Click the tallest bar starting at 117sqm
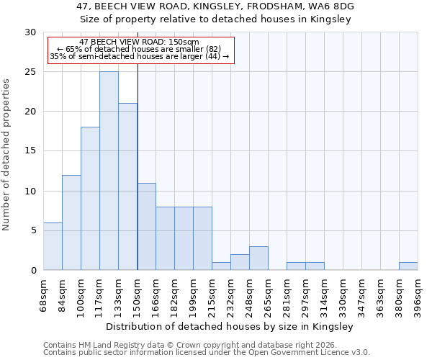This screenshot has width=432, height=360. (109, 171)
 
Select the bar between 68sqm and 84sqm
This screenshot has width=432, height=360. (53, 246)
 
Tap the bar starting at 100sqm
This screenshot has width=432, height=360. (90, 199)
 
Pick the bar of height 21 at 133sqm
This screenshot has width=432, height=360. (127, 186)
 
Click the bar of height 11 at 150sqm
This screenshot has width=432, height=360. (146, 227)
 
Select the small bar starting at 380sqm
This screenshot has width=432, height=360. (408, 266)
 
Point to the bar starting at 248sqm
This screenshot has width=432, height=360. (258, 258)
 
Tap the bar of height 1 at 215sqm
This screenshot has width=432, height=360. (221, 266)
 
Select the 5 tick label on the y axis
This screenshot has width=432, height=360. (33, 230)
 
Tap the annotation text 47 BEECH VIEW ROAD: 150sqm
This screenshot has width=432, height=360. (139, 42)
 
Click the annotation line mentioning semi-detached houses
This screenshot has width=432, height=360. (139, 56)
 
